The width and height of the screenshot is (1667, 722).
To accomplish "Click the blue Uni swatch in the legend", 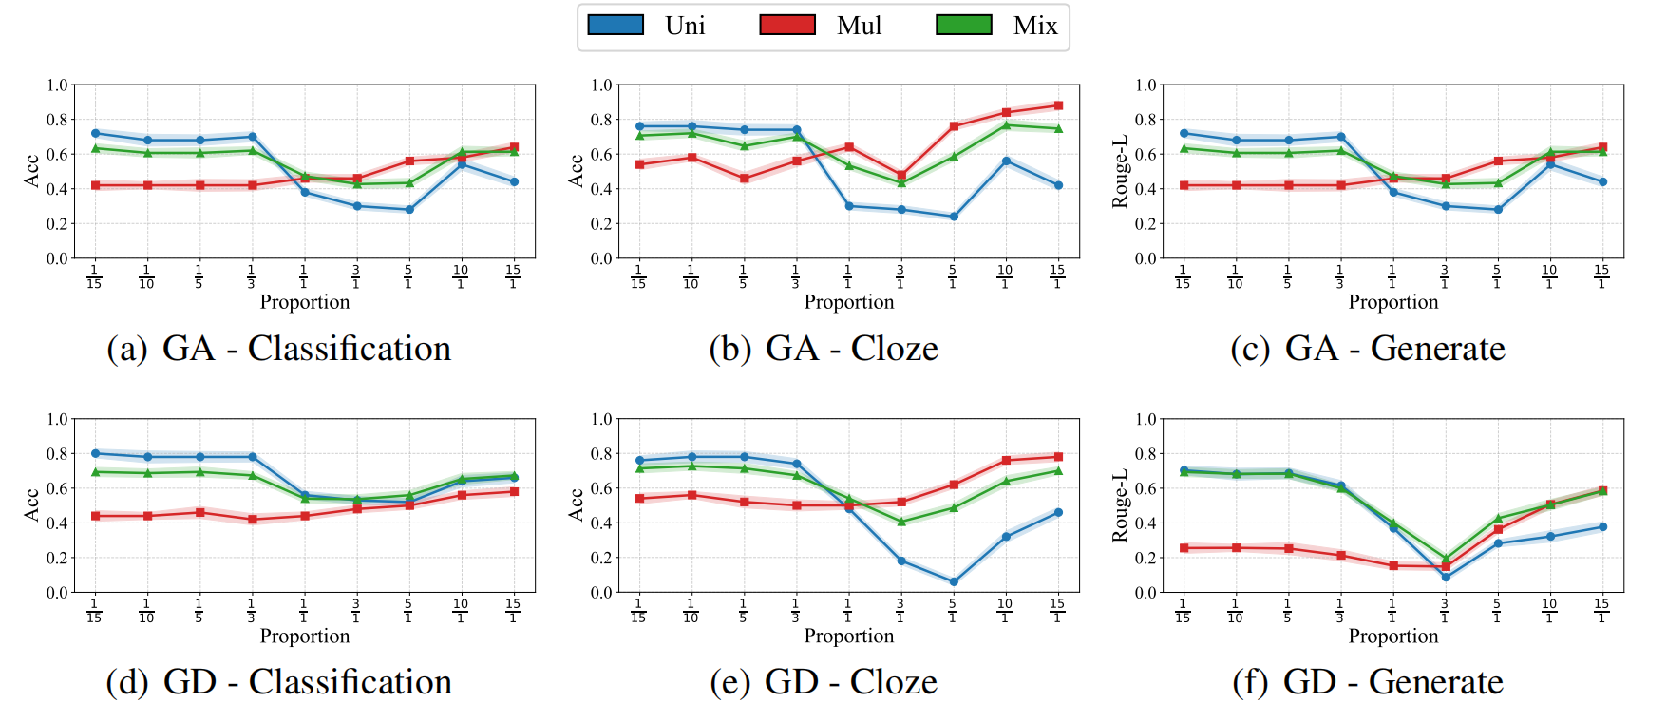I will [616, 26].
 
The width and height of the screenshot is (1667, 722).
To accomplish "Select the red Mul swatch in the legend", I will [787, 26].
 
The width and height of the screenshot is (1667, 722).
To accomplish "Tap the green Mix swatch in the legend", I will [963, 26].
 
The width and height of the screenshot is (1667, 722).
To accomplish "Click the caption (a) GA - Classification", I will [278, 349].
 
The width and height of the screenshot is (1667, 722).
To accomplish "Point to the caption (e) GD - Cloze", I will [824, 682].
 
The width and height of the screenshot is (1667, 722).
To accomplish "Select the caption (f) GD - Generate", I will [1368, 682].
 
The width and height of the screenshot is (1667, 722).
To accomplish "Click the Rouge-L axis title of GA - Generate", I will [1120, 171].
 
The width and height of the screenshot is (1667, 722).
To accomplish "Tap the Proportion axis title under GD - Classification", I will [305, 636].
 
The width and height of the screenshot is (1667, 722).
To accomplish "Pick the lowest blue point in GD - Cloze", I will [954, 581].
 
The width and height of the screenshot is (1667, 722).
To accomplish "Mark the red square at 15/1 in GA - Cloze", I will [1058, 105].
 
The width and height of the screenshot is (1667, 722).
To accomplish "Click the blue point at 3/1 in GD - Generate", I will [1446, 577].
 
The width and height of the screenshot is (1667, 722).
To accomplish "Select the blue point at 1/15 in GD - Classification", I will [95, 453].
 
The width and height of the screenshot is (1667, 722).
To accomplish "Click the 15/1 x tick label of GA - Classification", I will [513, 276].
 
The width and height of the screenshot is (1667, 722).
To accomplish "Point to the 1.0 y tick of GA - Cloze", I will [601, 85].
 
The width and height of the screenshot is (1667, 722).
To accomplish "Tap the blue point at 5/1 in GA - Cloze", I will [954, 217].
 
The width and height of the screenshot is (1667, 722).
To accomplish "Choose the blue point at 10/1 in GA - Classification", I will [462, 164].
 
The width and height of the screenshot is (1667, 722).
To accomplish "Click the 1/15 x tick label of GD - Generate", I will [1183, 610].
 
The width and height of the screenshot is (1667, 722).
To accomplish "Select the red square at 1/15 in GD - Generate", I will [1184, 548].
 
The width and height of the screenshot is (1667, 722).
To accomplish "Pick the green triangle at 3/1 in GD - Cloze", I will [901, 522].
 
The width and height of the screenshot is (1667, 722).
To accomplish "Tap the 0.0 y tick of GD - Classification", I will [57, 592].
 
